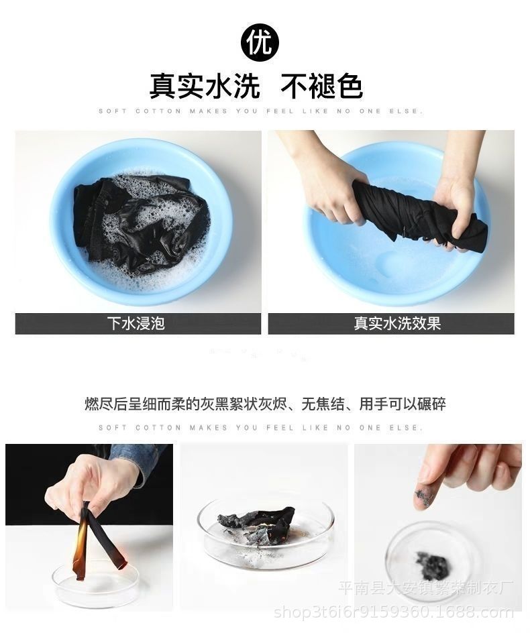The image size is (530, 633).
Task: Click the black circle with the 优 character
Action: point(260,43)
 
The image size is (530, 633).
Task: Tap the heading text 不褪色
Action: point(321,87)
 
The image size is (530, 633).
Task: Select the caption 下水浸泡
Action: point(136,323)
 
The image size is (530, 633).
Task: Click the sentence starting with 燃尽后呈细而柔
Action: point(265,404)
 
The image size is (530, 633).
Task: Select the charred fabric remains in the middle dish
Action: point(258,526)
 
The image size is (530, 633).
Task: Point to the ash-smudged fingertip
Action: point(424,496)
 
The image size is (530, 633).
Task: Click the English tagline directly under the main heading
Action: point(260,111)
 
